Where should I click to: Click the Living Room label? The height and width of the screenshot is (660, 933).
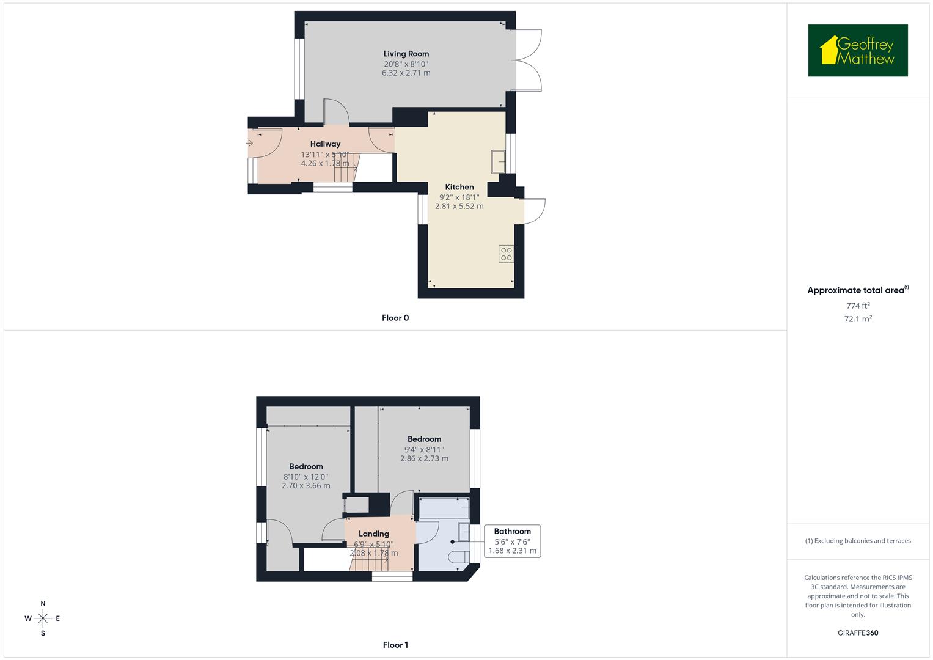pyautogui.click(x=406, y=54)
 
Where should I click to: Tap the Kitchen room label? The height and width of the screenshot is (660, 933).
pyautogui.click(x=459, y=187)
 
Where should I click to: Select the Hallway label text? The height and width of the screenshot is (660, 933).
pyautogui.click(x=325, y=144)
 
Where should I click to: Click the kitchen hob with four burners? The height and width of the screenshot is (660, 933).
pyautogui.click(x=506, y=254)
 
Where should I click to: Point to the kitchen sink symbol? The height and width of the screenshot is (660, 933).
pyautogui.click(x=498, y=161)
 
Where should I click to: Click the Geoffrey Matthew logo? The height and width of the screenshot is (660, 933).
pyautogui.click(x=858, y=51)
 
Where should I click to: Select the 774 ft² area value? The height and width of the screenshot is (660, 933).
pyautogui.click(x=858, y=306)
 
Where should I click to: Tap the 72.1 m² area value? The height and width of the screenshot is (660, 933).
pyautogui.click(x=858, y=319)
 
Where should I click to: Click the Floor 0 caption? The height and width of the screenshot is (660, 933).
pyautogui.click(x=395, y=318)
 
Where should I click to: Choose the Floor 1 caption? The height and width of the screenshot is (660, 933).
pyautogui.click(x=395, y=645)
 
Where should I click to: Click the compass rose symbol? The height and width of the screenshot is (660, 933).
pyautogui.click(x=43, y=618)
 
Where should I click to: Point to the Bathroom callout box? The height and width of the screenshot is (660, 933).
pyautogui.click(x=512, y=541)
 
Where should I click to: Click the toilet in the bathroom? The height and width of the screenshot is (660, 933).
pyautogui.click(x=458, y=556)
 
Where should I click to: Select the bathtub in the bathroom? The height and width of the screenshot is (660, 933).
pyautogui.click(x=444, y=508)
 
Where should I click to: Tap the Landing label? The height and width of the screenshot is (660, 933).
pyautogui.click(x=374, y=533)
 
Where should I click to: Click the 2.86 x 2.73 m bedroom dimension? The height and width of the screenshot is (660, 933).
pyautogui.click(x=424, y=458)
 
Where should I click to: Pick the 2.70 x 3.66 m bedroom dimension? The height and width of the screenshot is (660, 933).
pyautogui.click(x=306, y=486)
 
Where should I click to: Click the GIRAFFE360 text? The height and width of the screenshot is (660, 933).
pyautogui.click(x=858, y=633)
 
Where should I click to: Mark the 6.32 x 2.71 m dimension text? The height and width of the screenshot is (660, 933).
pyautogui.click(x=406, y=73)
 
